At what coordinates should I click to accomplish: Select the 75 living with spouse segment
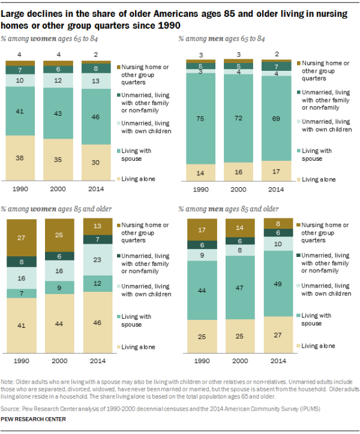199,119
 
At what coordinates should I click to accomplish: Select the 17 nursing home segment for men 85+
199,229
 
